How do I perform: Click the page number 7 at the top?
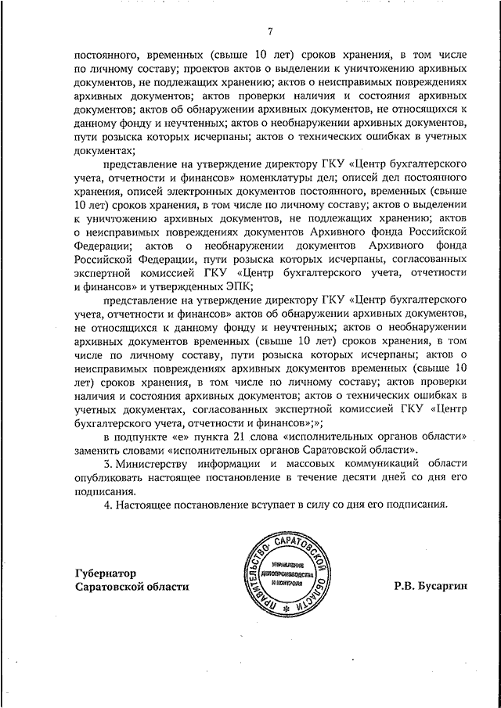click(269, 32)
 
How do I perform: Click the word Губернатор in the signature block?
click(106, 572)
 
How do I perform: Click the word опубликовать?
click(114, 477)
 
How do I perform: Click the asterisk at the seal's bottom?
click(285, 608)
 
